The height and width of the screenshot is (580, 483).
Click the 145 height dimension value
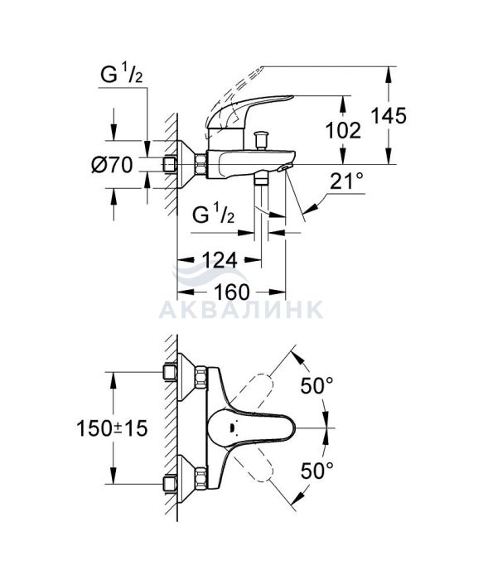coord(389,115)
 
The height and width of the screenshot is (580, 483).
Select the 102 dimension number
coord(343,130)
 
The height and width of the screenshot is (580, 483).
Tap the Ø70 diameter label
coord(112,165)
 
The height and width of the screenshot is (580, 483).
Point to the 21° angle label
coord(346,181)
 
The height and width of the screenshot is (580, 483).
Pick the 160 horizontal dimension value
coord(232,292)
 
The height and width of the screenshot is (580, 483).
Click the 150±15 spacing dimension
coord(112,428)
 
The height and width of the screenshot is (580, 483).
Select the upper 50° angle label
coord(316,386)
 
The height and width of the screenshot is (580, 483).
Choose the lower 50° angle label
coord(316,471)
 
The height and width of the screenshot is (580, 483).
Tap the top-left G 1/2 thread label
coord(121,75)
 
